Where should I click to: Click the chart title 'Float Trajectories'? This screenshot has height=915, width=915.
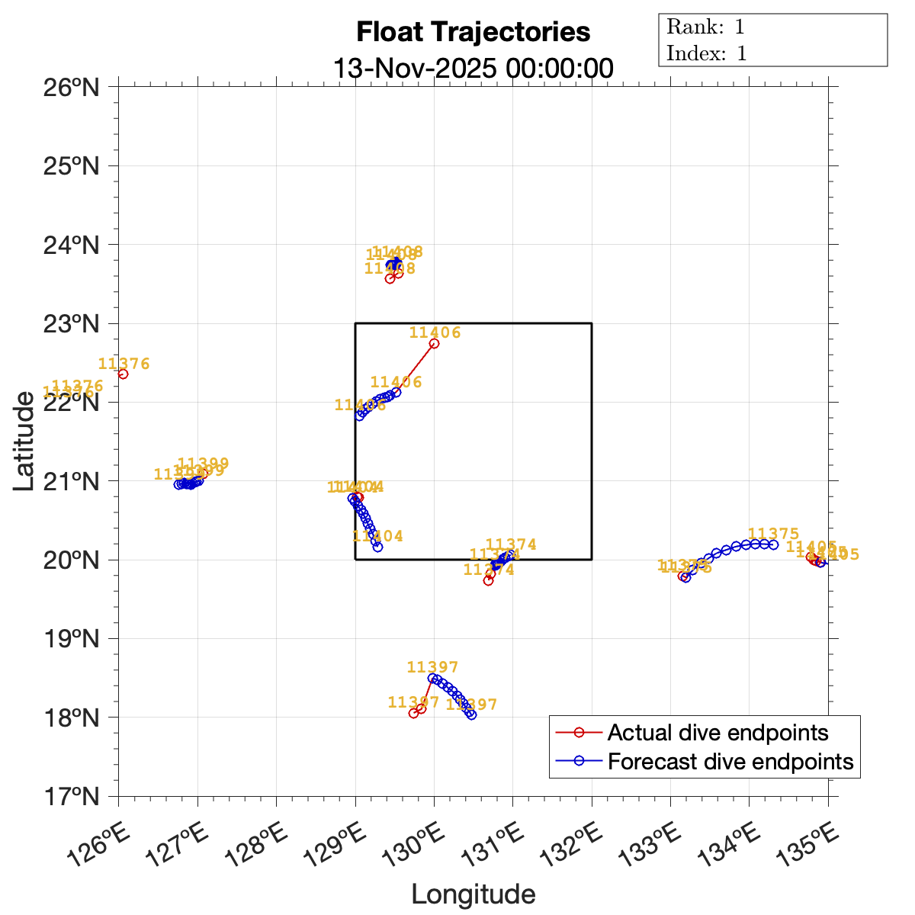pos(473,32)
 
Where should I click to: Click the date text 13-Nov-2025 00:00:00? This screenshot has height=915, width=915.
pos(473,68)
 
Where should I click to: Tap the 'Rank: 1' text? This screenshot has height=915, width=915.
pos(705,27)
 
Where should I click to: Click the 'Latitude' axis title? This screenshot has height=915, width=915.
pos(24,441)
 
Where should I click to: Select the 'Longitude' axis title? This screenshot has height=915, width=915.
pos(473,894)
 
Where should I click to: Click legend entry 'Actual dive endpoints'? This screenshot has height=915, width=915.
pos(718,733)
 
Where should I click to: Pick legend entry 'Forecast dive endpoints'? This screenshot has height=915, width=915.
pos(730,761)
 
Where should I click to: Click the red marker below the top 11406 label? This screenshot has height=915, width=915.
pos(434,343)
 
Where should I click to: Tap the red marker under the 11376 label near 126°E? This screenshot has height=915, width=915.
pos(123,374)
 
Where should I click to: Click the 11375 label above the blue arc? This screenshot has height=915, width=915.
pos(774,534)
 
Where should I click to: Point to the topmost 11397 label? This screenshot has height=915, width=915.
pos(433,667)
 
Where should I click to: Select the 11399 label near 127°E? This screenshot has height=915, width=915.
pos(203,464)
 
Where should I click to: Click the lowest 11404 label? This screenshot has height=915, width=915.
pos(378,536)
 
